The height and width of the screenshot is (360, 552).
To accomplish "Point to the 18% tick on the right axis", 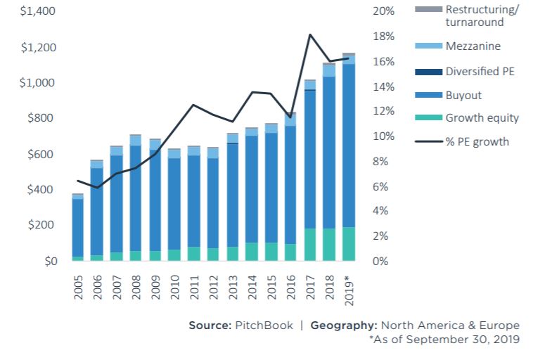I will (x=383, y=37).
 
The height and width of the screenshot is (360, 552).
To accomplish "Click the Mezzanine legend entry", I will (x=473, y=46).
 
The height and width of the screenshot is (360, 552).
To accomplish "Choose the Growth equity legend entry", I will (x=482, y=117).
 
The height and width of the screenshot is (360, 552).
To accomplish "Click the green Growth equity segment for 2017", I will (x=309, y=245).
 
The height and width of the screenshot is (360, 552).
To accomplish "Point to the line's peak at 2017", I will (x=309, y=34).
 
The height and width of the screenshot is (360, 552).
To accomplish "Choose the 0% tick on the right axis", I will (x=380, y=262).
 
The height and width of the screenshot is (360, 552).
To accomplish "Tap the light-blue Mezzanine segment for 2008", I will (x=136, y=140).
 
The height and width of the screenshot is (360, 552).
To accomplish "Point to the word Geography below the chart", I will (x=342, y=326).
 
